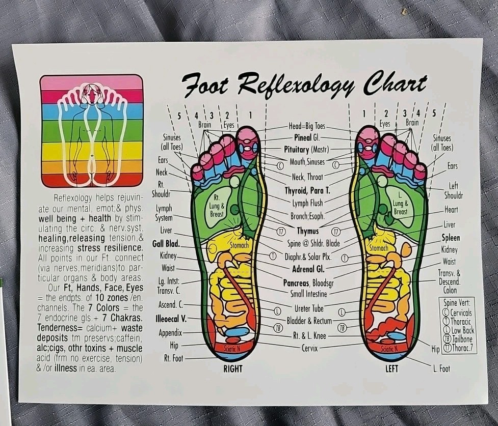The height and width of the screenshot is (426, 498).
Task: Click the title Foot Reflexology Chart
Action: coord(304,84)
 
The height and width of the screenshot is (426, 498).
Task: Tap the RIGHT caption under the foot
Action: coord(232,368)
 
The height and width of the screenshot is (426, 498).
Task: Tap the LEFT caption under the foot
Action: coord(391,368)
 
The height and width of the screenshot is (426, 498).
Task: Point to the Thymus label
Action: coord(307,231)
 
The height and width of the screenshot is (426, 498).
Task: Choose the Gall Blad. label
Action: coord(166,243)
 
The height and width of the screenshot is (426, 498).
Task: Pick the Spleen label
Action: coord(451,238)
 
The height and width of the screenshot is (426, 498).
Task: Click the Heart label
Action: coord(451,209)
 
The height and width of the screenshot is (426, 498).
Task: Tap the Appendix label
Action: coord(170,333)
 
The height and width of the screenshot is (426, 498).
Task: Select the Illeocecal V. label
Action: coord(171,319)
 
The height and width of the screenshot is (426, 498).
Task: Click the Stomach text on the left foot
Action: coord(379,248)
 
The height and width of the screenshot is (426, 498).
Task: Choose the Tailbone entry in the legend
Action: coord(461,338)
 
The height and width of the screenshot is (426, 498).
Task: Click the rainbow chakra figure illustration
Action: coord(92,131)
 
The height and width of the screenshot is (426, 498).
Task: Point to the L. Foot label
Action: coord(441,368)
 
